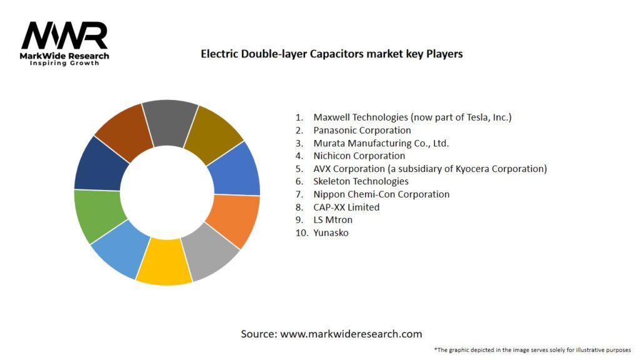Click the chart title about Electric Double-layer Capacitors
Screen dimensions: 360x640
331,54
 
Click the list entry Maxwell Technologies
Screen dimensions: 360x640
412,117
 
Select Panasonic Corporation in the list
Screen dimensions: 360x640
362,130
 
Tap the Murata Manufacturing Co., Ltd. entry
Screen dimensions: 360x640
381,143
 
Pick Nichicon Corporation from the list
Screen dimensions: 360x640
359,156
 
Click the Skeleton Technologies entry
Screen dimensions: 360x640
361,181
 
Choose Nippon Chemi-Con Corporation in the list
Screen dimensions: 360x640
381,194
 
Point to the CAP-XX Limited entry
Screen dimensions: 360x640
346,207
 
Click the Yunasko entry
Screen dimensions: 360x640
331,232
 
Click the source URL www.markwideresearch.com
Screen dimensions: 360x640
351,334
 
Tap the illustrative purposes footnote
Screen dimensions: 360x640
532,349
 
